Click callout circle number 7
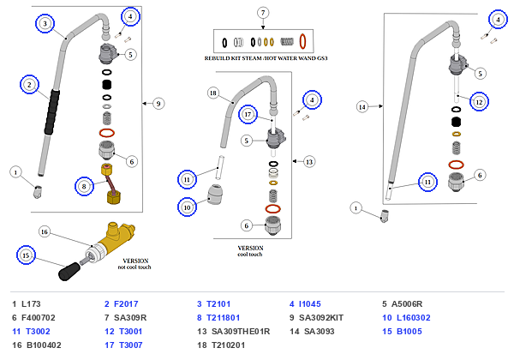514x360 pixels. pyautogui.click(x=263, y=13)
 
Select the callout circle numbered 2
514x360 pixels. pyautogui.click(x=29, y=85)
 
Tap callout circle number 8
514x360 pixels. pyautogui.click(x=84, y=186)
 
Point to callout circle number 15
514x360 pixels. pyautogui.click(x=26, y=255)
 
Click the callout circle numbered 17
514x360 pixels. pyautogui.click(x=248, y=114)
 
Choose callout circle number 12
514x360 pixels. pyautogui.click(x=479, y=102)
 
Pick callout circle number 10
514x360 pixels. pyautogui.click(x=187, y=207)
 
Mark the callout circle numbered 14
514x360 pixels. pyautogui.click(x=362, y=107)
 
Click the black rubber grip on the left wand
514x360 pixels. pyautogui.click(x=52, y=111)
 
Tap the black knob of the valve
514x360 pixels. pyautogui.click(x=69, y=272)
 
